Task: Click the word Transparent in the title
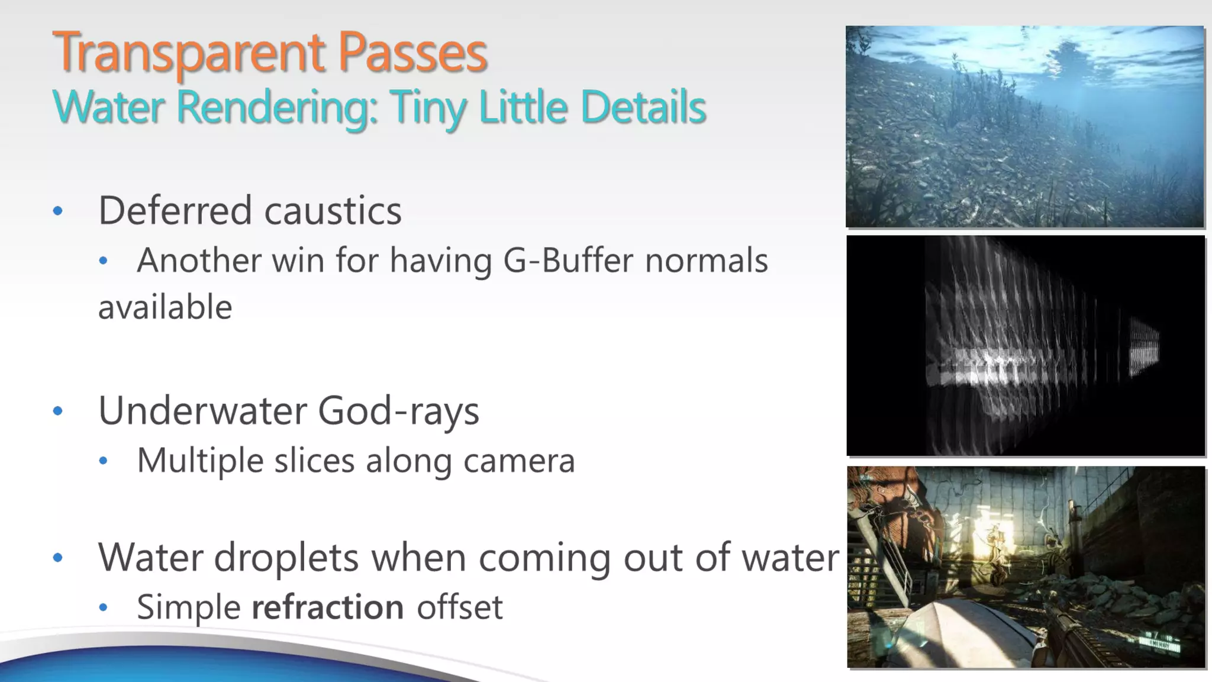click(188, 53)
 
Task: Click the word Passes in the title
click(412, 53)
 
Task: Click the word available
click(165, 307)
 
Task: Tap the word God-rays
click(398, 410)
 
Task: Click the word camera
click(519, 461)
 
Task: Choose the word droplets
click(286, 558)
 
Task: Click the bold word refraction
click(328, 607)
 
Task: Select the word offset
click(460, 607)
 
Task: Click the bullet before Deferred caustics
click(57, 211)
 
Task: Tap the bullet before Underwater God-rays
click(57, 411)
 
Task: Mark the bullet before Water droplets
click(57, 558)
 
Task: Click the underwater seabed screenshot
click(1024, 126)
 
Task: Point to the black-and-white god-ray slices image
click(1025, 346)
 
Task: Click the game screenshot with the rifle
click(1026, 567)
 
